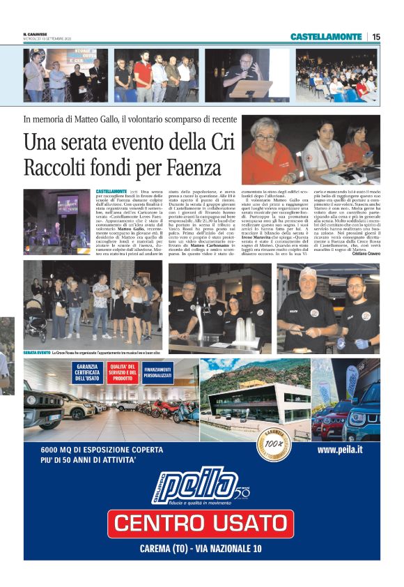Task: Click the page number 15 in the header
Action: (375, 36)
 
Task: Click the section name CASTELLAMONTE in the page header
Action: (325, 36)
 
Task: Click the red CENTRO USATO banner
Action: (201, 523)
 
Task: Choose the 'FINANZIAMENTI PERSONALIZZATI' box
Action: (158, 372)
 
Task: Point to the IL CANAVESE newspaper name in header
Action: (35, 35)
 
